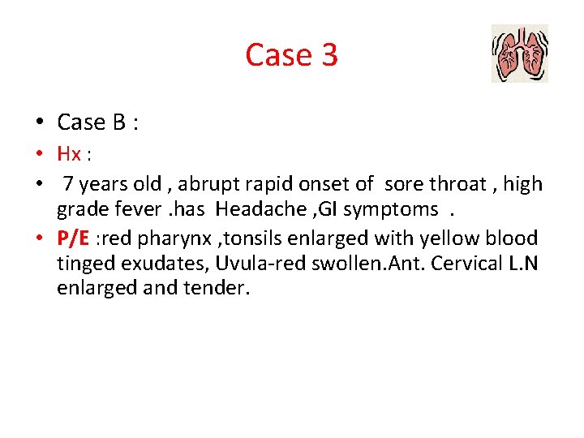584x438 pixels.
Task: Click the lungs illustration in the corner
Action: tap(519, 54)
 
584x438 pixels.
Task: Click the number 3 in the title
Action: tap(328, 55)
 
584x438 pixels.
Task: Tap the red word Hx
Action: tap(68, 153)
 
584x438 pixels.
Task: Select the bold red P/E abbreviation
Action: tap(72, 238)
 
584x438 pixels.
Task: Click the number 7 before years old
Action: tap(71, 183)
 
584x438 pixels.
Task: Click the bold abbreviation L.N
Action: tap(519, 263)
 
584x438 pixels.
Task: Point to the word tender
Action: tap(219, 288)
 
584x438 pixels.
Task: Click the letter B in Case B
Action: tap(118, 122)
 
